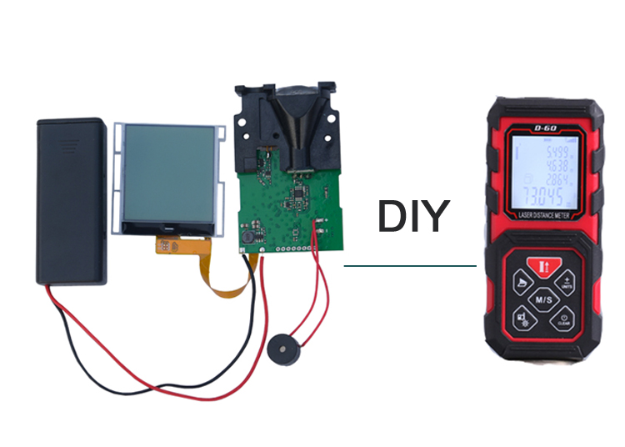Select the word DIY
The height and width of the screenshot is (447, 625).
(412, 215)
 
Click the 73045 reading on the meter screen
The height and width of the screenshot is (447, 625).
(541, 198)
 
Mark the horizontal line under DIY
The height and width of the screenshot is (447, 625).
(410, 267)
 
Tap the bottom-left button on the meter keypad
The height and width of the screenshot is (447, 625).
(520, 318)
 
